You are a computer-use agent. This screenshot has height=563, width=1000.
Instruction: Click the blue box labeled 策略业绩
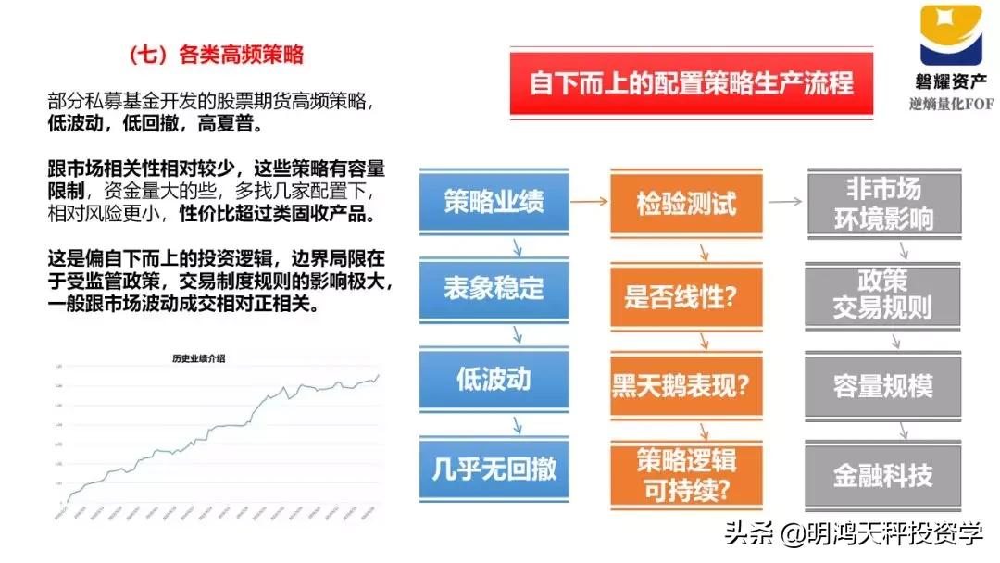(493, 202)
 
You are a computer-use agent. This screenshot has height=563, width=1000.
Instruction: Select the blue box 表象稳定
(493, 289)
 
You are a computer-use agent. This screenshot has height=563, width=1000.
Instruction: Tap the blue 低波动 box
(493, 379)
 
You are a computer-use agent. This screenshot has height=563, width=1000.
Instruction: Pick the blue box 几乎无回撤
(493, 468)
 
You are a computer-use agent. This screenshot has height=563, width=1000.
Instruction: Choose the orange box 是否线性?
(686, 295)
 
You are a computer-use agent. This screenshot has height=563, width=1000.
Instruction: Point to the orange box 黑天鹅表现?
(686, 384)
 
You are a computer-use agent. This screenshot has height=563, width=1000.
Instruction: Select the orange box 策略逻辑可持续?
(686, 475)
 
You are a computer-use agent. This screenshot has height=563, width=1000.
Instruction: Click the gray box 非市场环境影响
(882, 203)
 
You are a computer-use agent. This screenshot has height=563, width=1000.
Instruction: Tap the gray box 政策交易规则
(882, 294)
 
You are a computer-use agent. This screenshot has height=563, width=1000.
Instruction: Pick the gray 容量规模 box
(882, 384)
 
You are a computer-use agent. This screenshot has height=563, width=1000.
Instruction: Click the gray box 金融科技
(882, 475)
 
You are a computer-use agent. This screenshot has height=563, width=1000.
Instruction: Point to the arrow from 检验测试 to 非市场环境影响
(784, 201)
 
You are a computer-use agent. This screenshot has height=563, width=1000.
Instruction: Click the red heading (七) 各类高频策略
(217, 54)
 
